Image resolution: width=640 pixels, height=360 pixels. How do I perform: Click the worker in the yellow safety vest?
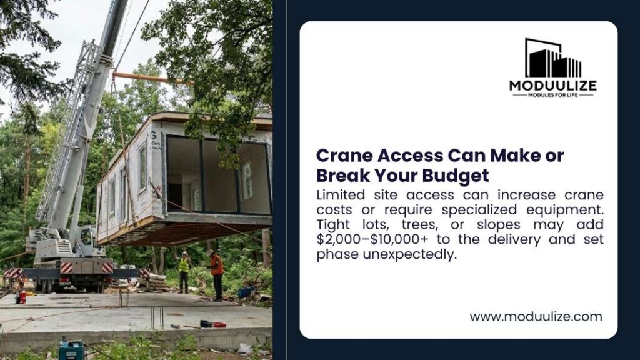click(x=184, y=272)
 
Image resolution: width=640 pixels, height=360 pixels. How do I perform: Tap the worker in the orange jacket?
click(x=216, y=275)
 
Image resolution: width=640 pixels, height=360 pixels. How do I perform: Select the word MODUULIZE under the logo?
click(x=553, y=86)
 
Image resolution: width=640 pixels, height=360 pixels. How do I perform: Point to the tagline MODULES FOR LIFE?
click(x=553, y=95)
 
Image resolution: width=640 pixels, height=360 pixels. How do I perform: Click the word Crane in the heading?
click(x=344, y=156)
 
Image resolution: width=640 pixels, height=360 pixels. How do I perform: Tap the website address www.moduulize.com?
click(x=536, y=317)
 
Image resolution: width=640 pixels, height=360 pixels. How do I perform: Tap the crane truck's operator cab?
click(x=86, y=237)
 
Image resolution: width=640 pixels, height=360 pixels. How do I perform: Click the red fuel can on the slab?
click(x=22, y=297)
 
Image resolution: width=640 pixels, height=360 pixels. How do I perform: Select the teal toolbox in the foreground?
click(x=71, y=350)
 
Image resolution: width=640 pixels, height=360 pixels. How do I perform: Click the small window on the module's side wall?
click(x=142, y=169)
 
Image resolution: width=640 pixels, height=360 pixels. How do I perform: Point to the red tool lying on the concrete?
click(x=219, y=325)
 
